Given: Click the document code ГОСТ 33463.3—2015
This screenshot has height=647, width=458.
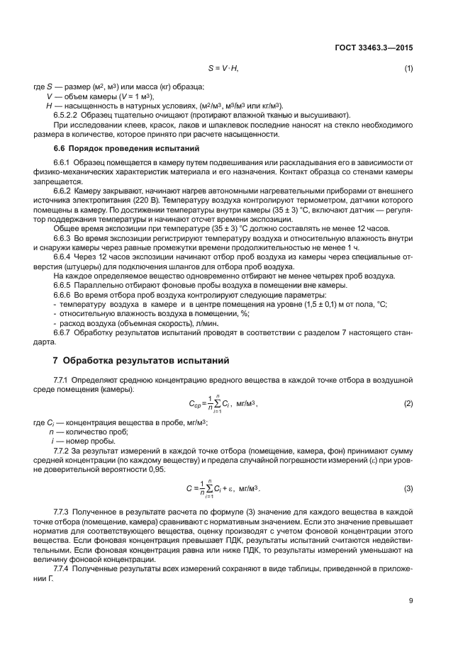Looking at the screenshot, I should coord(375,48).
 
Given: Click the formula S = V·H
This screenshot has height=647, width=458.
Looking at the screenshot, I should coord(223,68).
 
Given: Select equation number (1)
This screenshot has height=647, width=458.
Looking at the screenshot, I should coord(408,68).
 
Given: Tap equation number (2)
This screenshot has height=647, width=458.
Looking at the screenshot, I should coord(408,404).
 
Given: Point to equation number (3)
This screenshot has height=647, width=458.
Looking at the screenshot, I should coord(408,489).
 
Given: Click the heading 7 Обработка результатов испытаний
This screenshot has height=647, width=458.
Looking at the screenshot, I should coord(134,360).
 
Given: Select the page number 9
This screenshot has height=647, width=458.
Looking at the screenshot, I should coord(410,601).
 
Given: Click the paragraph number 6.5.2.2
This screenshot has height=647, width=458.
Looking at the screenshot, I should coord(66,114).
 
